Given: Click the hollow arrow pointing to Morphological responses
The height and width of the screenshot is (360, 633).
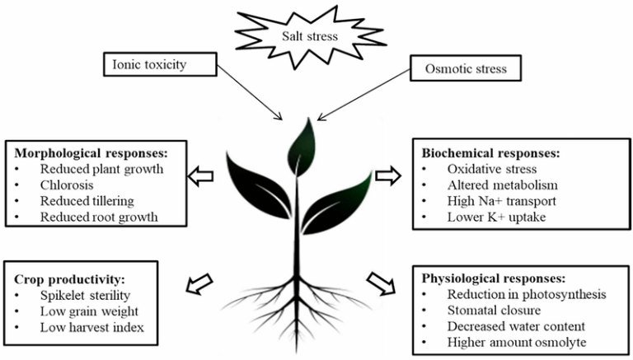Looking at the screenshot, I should click(201, 175).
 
